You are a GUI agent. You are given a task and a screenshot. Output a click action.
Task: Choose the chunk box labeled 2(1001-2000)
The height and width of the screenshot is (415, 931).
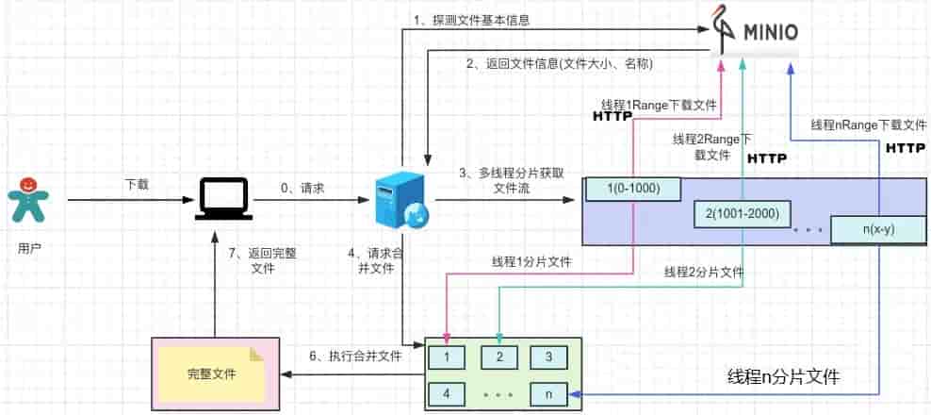743,213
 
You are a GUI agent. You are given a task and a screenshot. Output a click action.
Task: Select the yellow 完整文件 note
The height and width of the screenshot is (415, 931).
212,373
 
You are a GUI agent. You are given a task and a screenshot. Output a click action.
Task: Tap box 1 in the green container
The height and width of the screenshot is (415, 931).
446,357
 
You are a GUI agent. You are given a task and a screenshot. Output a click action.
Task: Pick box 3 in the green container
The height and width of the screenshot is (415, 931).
548,357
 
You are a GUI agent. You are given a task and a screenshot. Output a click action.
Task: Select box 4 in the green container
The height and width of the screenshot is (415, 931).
446,393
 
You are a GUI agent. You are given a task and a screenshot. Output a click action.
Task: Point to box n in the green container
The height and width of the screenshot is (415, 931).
548,393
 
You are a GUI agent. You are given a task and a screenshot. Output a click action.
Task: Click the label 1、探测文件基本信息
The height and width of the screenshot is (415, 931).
464,20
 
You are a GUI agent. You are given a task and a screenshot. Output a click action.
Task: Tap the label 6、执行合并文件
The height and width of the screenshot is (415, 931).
355,356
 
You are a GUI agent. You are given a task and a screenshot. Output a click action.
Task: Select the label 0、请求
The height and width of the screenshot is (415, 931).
303,189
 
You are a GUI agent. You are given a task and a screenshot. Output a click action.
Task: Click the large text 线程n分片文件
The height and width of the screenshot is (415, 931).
784,377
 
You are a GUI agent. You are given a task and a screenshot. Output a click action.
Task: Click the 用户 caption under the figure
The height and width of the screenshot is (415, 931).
29,248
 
